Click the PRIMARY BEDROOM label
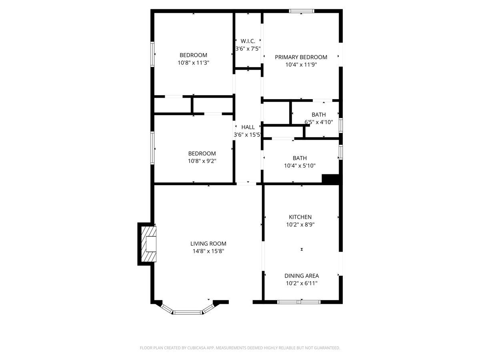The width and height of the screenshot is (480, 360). pyautogui.click(x=301, y=57)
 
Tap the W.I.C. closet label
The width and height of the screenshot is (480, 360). pyautogui.click(x=248, y=41)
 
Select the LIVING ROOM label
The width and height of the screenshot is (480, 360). pyautogui.click(x=208, y=243)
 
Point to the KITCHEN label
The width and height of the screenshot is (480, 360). pyautogui.click(x=300, y=217)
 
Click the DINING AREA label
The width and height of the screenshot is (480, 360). pyautogui.click(x=302, y=276)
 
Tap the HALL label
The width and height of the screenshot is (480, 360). pyautogui.click(x=248, y=127)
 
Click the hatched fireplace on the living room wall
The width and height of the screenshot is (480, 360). pyautogui.click(x=150, y=244)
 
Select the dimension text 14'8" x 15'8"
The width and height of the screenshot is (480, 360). pyautogui.click(x=208, y=251)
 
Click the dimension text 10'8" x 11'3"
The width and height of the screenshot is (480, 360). pyautogui.click(x=194, y=63)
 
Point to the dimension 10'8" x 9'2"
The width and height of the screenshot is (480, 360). pyautogui.click(x=202, y=161)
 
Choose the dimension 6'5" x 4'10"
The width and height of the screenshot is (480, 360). pyautogui.click(x=319, y=122)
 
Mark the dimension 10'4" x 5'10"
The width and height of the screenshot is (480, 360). pyautogui.click(x=300, y=166)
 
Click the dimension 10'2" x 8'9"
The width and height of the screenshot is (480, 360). pyautogui.click(x=300, y=224)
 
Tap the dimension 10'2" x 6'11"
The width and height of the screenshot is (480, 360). pyautogui.click(x=302, y=283)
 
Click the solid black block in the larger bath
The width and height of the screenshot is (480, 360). pyautogui.click(x=330, y=179)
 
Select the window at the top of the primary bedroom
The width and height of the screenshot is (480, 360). pyautogui.click(x=302, y=11)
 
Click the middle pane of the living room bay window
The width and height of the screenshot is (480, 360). pyautogui.click(x=188, y=312)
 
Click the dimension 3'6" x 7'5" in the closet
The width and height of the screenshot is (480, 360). pyautogui.click(x=248, y=48)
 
